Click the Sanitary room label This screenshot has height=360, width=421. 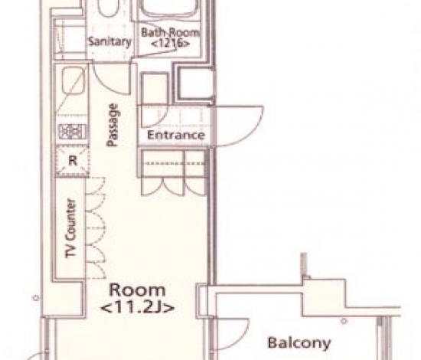coord(109,41)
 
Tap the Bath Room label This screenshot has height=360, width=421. coord(170,32)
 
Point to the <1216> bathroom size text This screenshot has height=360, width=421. coord(170,43)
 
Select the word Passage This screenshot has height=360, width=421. coord(113,125)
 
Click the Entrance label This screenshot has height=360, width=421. coord(176,135)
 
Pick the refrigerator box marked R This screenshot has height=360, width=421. coord(73,161)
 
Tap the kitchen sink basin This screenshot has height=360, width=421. coord(73,80)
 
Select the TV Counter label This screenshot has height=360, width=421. coord(71,228)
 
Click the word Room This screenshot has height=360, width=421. coord(137,290)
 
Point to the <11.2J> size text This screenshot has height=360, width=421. coord(137,307)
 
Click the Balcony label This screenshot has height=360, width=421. coord(299,343)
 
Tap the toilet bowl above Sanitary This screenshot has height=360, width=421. coord(108,8)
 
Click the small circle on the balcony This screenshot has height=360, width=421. coord(344,321)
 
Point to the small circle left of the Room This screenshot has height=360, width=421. coord(36,298)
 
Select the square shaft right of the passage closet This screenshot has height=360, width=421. coord(195,84)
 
